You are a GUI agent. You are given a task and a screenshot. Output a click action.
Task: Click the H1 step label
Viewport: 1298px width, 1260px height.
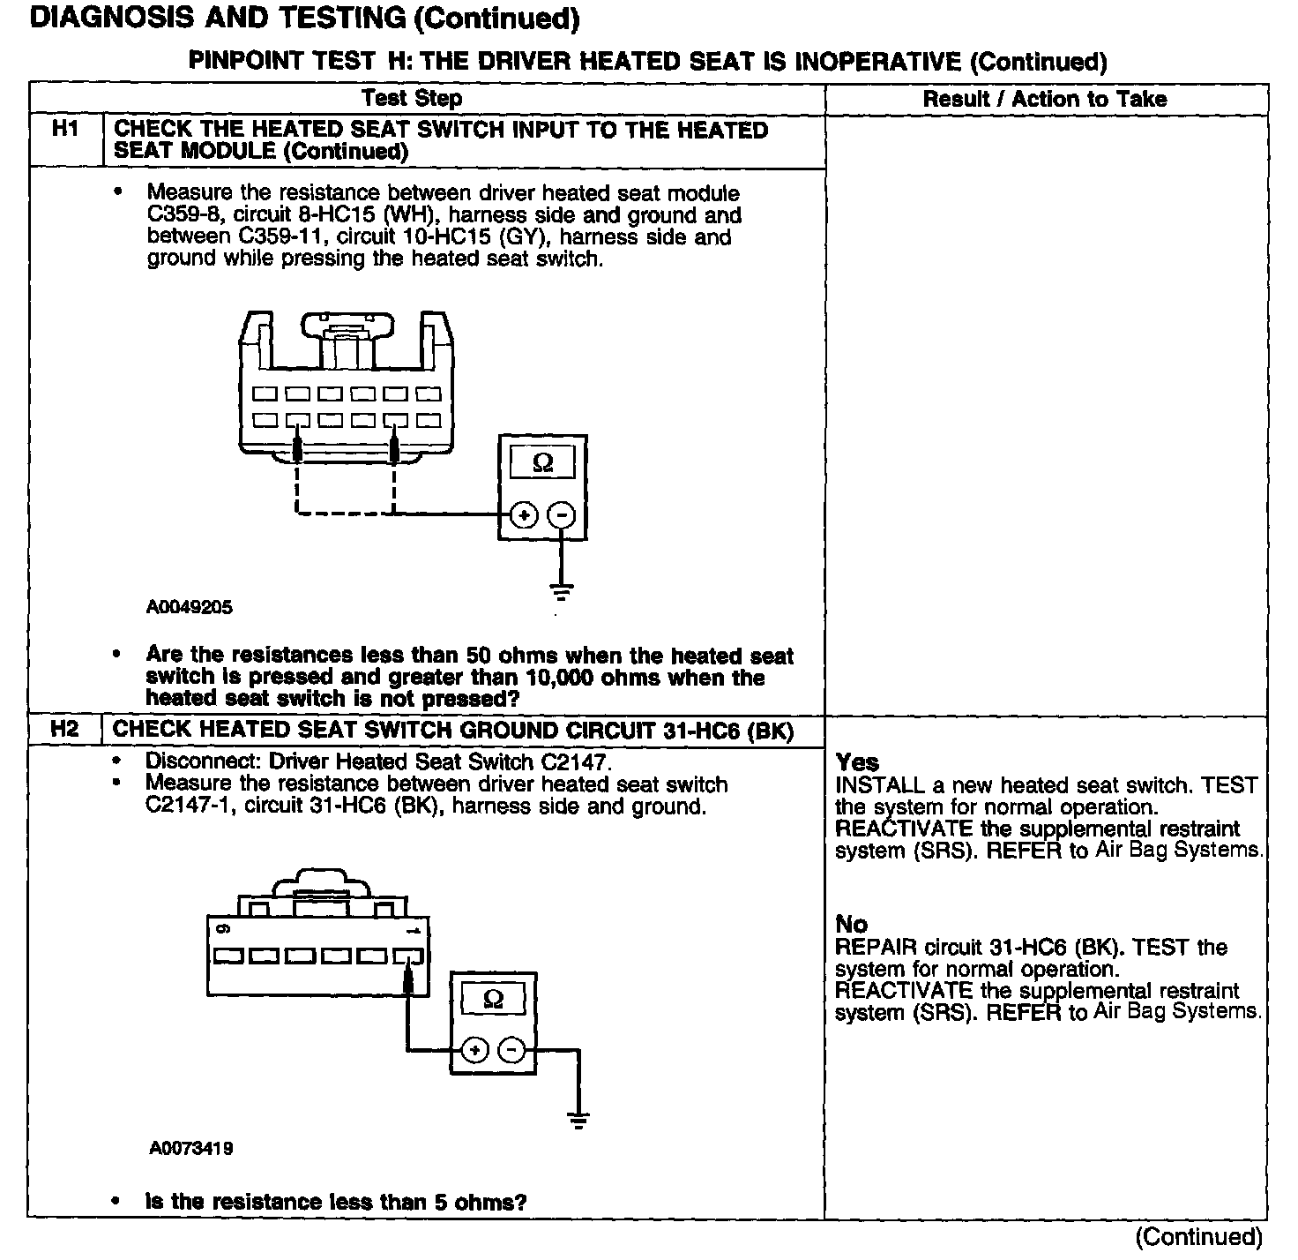[x=65, y=130]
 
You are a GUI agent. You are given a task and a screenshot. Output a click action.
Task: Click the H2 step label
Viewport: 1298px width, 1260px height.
[x=65, y=730]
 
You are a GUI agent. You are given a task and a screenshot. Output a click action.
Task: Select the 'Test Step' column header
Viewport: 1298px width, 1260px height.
[x=412, y=99]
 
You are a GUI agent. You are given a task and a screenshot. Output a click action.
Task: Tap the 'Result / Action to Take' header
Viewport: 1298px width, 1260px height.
[x=1045, y=99]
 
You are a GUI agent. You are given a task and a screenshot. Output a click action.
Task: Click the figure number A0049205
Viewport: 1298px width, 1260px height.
[x=190, y=608]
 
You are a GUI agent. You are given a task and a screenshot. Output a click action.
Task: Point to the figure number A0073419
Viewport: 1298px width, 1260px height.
[x=190, y=1149]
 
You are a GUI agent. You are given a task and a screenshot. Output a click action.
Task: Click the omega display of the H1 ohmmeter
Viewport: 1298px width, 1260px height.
[x=542, y=463]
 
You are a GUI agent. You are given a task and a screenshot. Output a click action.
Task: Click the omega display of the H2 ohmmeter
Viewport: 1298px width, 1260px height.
[x=494, y=1000]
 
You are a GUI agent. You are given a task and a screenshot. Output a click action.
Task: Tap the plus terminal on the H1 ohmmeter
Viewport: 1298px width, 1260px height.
[x=524, y=514]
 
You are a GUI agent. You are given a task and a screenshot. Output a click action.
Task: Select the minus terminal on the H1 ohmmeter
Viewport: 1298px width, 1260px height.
[x=562, y=514]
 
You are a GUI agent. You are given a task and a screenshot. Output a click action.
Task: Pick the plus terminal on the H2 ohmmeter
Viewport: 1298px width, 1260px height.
[x=474, y=1050]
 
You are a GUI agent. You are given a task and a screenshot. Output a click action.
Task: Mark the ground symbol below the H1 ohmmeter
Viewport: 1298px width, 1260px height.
[x=562, y=592]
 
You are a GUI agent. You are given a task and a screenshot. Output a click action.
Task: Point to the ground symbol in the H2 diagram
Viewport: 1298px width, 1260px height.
[x=578, y=1122]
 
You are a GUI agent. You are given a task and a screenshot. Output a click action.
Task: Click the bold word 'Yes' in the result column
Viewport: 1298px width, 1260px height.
[x=857, y=762]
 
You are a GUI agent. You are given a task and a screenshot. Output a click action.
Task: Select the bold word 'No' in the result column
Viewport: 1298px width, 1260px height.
[x=852, y=925]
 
